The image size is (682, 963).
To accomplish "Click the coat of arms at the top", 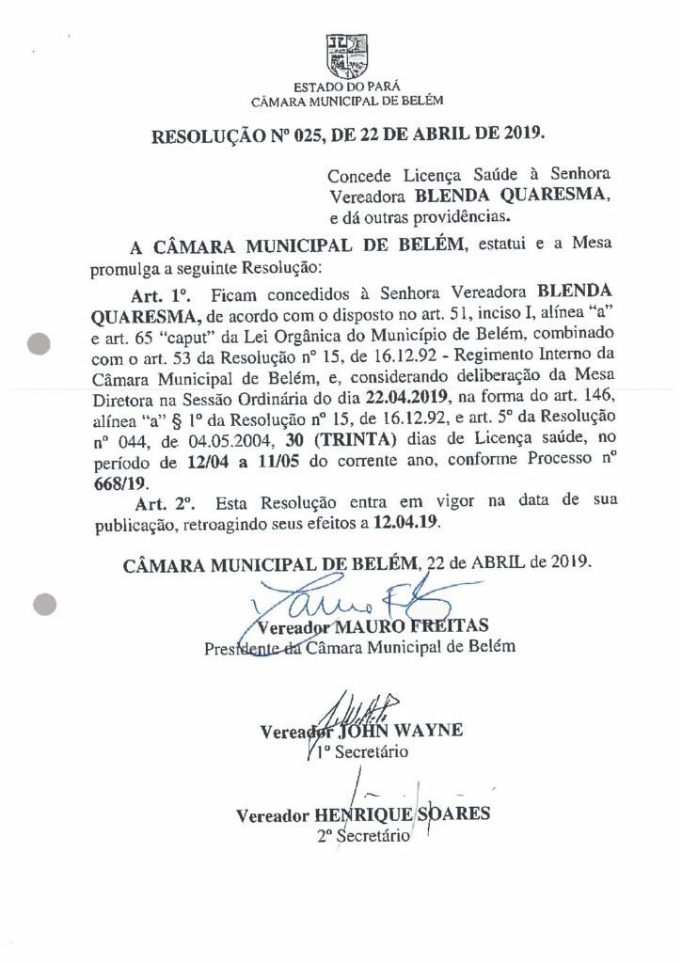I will pyautogui.click(x=341, y=55).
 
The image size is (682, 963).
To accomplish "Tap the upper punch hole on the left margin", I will pyautogui.click(x=39, y=344).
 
